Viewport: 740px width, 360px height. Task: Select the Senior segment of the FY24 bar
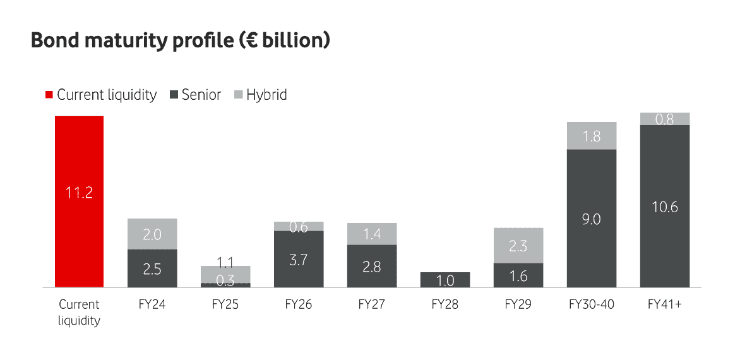pos(152,268)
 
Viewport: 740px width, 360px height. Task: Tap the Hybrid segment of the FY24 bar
pos(152,234)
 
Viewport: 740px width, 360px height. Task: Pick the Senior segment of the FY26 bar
pos(299,259)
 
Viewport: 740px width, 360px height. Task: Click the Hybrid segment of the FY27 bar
pos(372,234)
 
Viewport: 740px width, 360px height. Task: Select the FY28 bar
pos(445,280)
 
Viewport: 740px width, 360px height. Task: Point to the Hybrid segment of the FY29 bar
pos(518,246)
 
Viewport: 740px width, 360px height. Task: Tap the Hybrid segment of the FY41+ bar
pos(665,119)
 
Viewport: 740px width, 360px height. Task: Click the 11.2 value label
pos(79,193)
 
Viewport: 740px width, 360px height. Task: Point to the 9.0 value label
pos(592,219)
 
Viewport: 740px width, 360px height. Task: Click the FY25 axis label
pos(225,304)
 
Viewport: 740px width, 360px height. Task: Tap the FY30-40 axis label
pos(592,304)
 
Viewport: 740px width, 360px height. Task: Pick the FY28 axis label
pos(445,304)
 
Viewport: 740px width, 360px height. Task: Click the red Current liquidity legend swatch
pos(49,95)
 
